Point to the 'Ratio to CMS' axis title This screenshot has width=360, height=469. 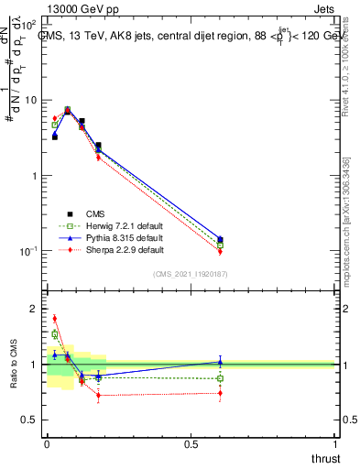(x=13, y=364)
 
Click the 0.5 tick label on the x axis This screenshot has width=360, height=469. (x=191, y=445)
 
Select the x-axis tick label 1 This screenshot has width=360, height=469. (x=334, y=445)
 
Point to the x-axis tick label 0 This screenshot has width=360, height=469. (x=47, y=445)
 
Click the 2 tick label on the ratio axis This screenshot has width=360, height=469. (x=32, y=309)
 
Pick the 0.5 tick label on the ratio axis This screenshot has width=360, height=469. (x=28, y=420)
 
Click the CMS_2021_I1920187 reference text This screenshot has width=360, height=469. (x=191, y=274)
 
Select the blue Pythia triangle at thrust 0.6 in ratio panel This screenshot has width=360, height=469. (x=220, y=362)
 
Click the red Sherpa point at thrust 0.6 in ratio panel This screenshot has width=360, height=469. (x=220, y=393)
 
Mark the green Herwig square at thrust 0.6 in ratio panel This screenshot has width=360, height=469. (x=220, y=378)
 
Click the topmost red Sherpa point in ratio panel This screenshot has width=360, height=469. (x=54, y=319)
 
